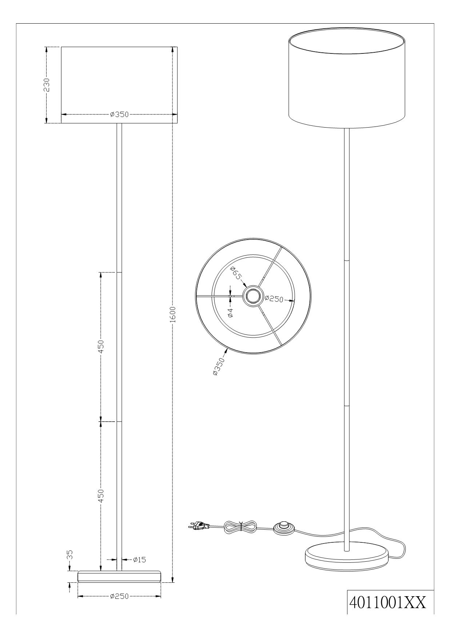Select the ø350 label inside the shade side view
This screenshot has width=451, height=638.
pyautogui.click(x=119, y=114)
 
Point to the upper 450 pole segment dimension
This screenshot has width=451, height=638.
pyautogui.click(x=101, y=347)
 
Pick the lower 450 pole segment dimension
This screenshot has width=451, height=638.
pyautogui.click(x=101, y=496)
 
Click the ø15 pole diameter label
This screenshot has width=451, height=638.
pyautogui.click(x=139, y=559)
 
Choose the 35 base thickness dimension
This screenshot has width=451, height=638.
pyautogui.click(x=70, y=565)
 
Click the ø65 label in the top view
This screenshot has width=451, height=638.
pyautogui.click(x=236, y=273)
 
